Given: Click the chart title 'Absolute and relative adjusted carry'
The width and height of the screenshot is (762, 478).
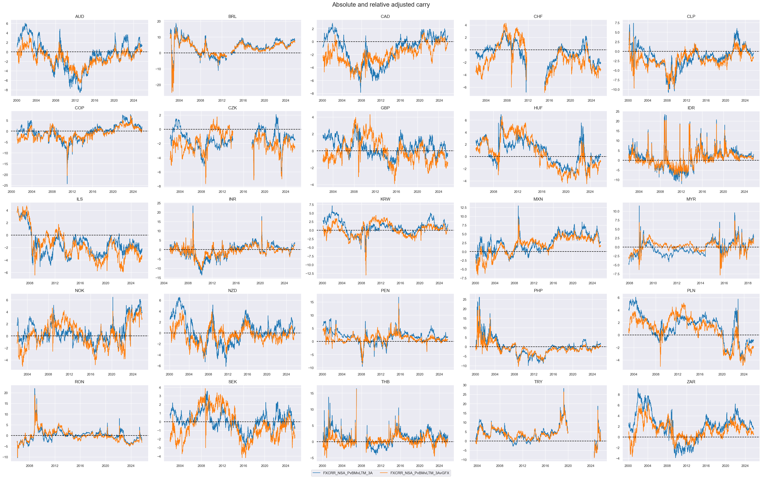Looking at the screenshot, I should (381, 5).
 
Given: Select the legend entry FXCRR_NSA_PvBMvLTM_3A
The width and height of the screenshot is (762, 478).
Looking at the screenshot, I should (348, 473).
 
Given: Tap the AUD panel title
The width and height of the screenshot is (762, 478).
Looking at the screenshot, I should (80, 16).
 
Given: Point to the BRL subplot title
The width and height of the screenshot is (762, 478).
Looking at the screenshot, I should (232, 16).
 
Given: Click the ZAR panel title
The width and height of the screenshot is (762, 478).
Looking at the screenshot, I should (691, 382).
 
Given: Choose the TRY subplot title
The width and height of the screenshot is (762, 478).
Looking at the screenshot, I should (538, 382).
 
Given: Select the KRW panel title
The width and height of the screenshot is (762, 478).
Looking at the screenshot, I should (385, 199).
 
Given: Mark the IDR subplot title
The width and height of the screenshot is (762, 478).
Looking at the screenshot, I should (691, 108).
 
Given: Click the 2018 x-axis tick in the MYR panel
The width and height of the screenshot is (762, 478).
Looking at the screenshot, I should (748, 283).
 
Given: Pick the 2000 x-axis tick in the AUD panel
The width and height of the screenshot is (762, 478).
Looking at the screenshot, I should (16, 101).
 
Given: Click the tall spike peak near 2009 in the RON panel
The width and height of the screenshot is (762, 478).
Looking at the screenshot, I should (35, 389).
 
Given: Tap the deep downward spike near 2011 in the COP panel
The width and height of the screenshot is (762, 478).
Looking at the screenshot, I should (67, 183).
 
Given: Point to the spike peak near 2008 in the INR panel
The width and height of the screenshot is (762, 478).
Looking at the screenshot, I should (193, 206).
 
